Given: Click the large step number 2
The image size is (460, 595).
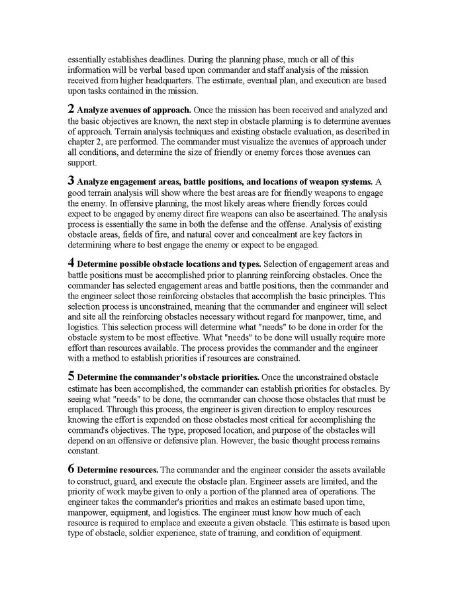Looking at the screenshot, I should [x=71, y=107].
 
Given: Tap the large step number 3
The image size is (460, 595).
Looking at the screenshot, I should [x=71, y=181].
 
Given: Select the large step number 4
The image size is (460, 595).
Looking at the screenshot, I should [x=71, y=263].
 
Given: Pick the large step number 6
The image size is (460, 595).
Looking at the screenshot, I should [x=71, y=469].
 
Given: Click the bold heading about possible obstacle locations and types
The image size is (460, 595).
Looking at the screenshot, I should [x=168, y=265].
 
